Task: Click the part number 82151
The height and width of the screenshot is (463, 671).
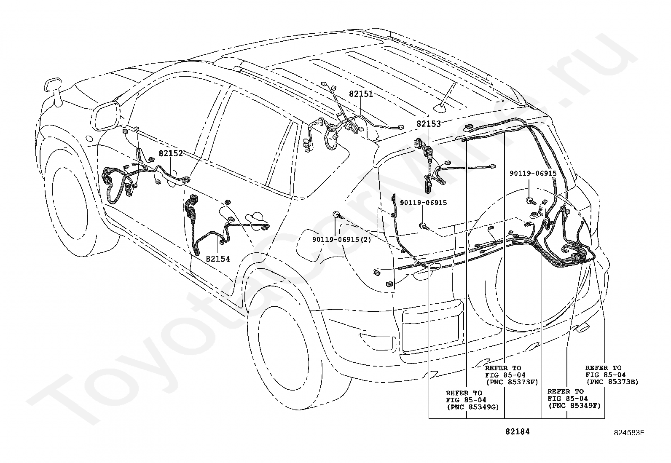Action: [x=361, y=94]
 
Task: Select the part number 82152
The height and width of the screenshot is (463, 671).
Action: [x=171, y=153]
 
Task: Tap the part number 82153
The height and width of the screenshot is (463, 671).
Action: [x=429, y=124]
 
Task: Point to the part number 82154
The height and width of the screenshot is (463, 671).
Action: [x=218, y=259]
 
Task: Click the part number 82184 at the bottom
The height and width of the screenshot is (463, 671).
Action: [x=518, y=431]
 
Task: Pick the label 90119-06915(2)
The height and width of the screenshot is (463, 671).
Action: [x=341, y=240]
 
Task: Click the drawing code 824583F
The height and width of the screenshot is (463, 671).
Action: [x=629, y=433]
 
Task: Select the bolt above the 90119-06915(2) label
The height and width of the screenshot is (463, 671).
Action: [x=337, y=215]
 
